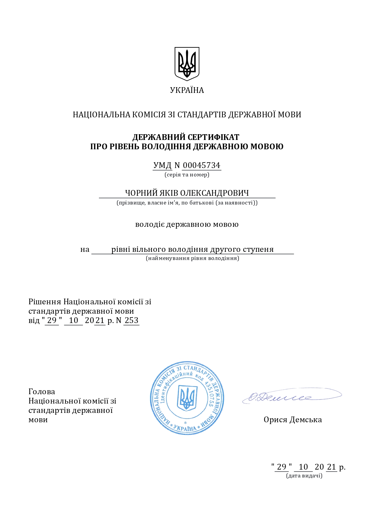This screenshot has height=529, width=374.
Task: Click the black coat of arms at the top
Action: tap(187, 64)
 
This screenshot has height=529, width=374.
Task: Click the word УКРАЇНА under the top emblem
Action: tap(187, 90)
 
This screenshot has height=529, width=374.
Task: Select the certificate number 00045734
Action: tap(201, 165)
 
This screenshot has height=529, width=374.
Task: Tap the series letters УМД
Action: tap(162, 165)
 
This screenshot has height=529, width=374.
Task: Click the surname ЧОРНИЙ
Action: tap(141, 193)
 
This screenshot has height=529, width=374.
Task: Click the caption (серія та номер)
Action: tap(187, 175)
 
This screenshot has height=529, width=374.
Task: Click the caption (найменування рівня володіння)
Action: tap(192, 258)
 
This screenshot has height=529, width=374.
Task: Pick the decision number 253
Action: tap(132, 320)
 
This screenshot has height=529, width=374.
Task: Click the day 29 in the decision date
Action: tap(52, 320)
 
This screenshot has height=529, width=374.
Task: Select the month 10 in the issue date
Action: tap(303, 467)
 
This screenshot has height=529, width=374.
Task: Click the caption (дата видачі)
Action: tap(304, 476)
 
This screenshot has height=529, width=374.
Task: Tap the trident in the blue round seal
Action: tap(187, 398)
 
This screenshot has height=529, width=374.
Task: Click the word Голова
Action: tap(42, 391)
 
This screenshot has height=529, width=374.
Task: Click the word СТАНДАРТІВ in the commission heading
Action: tap(202, 115)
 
